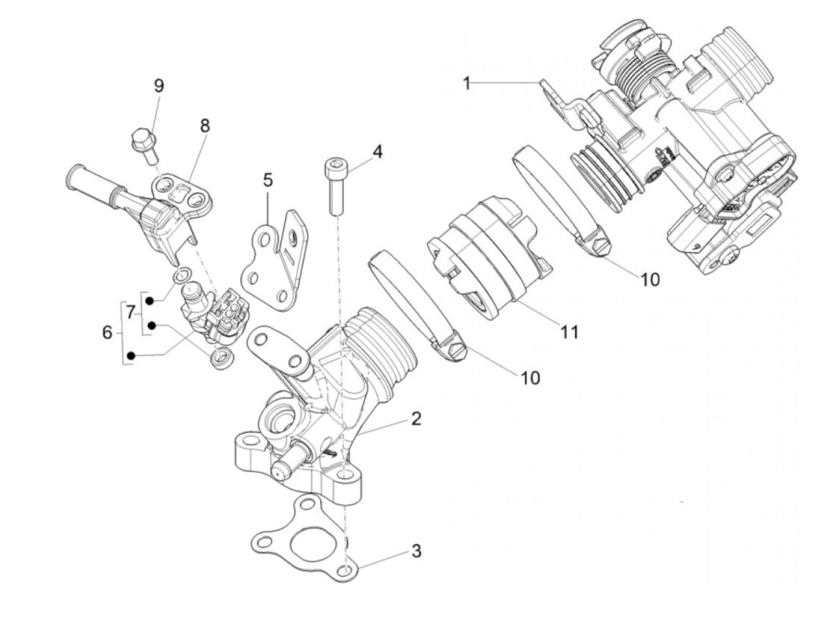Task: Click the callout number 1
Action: point(467,83)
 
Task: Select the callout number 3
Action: point(416,551)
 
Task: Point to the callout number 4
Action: point(378,151)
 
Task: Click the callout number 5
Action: point(268,179)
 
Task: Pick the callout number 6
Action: point(107,332)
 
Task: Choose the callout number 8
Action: point(205,125)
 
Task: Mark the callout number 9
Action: point(158,86)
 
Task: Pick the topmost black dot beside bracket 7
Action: point(151,301)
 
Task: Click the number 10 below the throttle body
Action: point(651,279)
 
